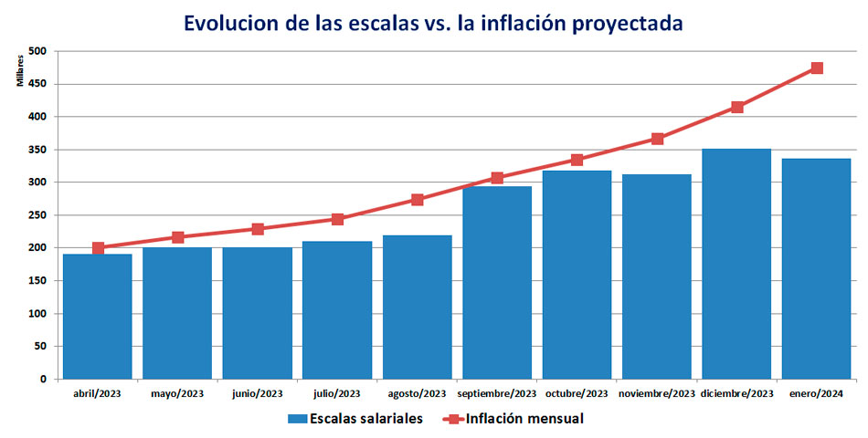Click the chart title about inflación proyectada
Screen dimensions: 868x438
click(433, 23)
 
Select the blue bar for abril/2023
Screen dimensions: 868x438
click(98, 317)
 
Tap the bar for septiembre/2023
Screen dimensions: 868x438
click(497, 283)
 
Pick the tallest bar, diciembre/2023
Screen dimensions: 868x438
click(736, 264)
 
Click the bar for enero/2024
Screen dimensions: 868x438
click(817, 269)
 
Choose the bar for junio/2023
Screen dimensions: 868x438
click(258, 313)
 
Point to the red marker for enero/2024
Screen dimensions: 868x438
click(817, 68)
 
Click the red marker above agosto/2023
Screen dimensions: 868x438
click(418, 200)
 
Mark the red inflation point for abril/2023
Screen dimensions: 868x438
click(98, 248)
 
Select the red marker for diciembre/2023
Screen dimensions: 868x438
click(736, 108)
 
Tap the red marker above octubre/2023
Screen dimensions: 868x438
click(577, 160)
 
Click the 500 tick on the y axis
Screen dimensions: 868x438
click(39, 51)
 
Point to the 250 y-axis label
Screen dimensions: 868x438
click(39, 215)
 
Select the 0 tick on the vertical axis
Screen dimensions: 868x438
click(43, 380)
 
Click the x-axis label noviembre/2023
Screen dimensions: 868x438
click(657, 394)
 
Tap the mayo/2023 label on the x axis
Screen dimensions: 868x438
click(177, 394)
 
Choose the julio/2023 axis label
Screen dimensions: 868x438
click(336, 394)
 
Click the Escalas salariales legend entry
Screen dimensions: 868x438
click(355, 419)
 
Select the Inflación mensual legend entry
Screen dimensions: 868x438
click(513, 419)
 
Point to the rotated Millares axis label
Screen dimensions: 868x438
click(20, 71)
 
